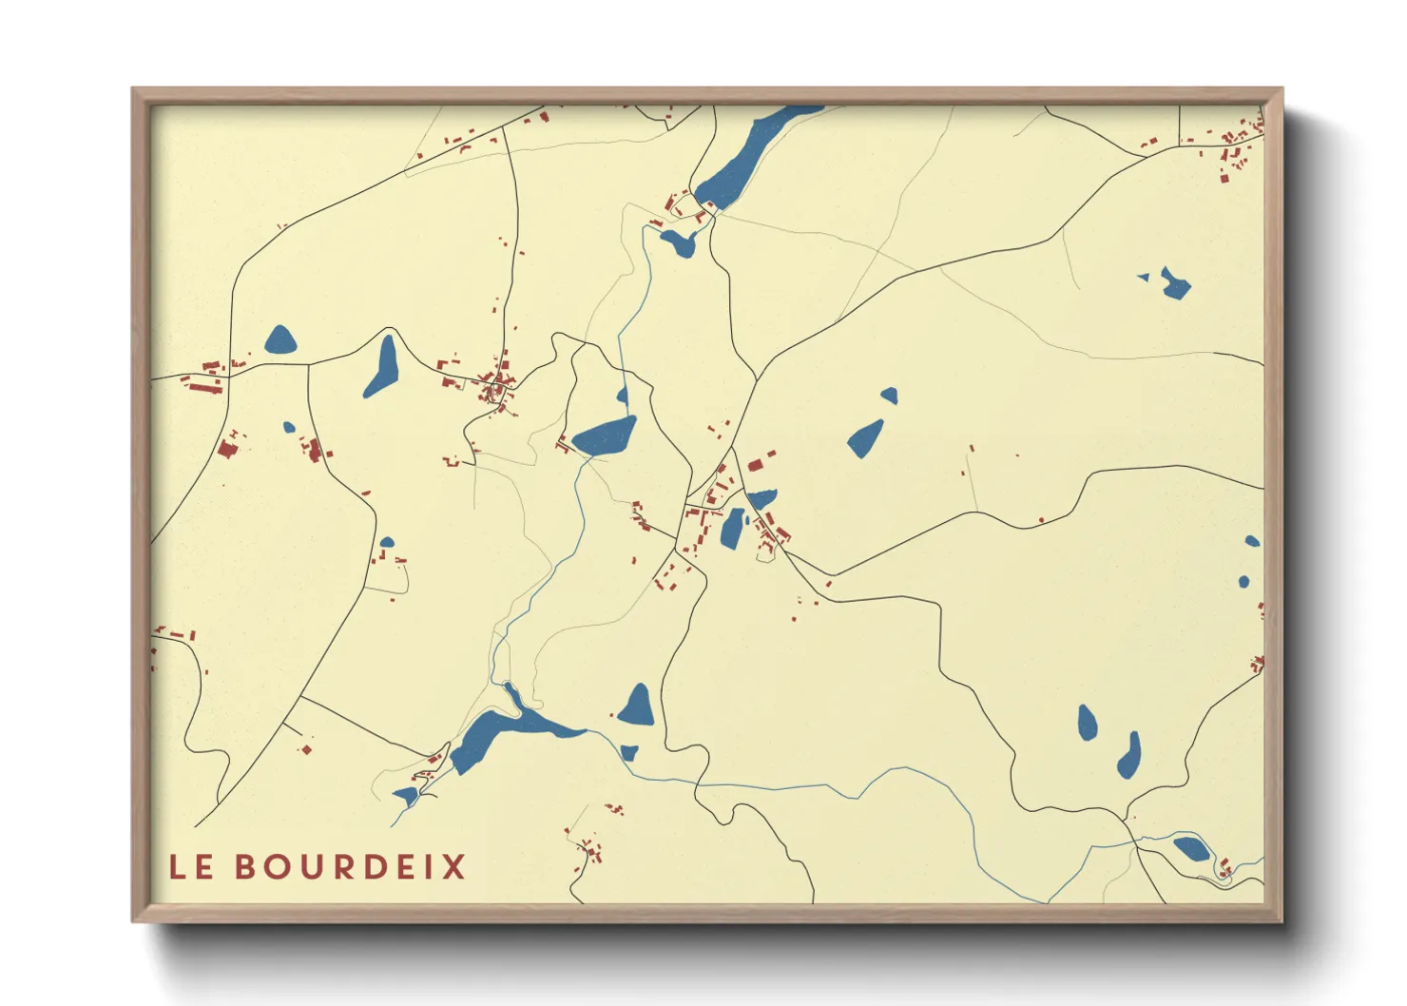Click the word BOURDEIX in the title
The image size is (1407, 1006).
[x=350, y=867]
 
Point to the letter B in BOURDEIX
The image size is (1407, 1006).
[x=245, y=867]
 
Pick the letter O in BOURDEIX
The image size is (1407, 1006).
[x=278, y=867]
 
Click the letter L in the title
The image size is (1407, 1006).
[x=177, y=867]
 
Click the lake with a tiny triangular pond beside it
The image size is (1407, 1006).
[x=1175, y=283]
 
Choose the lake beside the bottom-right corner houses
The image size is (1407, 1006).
[x=1190, y=848]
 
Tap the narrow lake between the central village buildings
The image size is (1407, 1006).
[x=732, y=529]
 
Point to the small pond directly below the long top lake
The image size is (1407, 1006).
[x=680, y=242]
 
